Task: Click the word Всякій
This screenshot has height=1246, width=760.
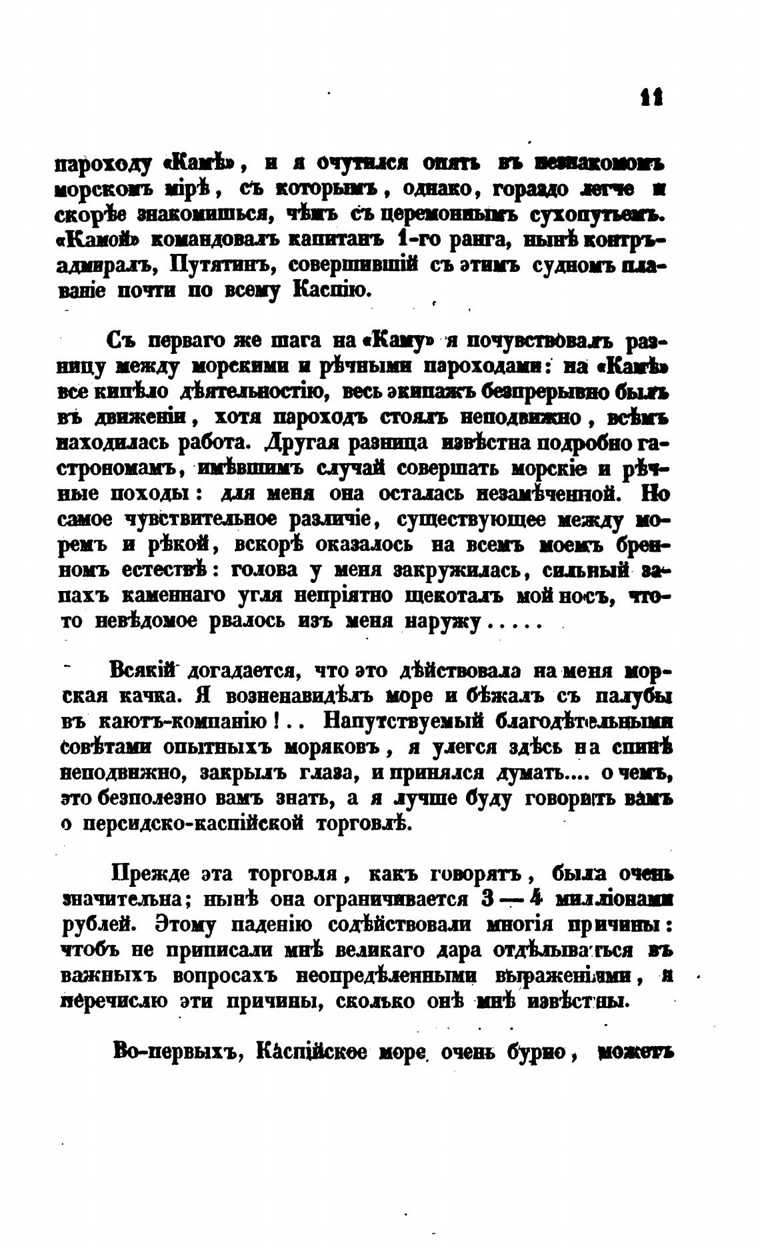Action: [145, 670]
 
